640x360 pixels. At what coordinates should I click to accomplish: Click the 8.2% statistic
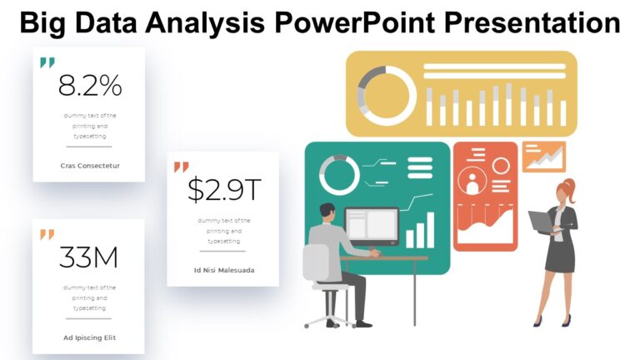(x=89, y=85)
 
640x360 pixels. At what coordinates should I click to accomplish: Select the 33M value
(x=88, y=257)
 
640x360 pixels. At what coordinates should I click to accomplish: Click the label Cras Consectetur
(x=90, y=165)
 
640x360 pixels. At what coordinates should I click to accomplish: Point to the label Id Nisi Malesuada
(x=224, y=270)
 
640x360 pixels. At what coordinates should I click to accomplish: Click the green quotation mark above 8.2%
(x=47, y=62)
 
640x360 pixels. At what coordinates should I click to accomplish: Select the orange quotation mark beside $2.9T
(x=181, y=167)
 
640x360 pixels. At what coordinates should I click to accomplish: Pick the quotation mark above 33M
(x=47, y=234)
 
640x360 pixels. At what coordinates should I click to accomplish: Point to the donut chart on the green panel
(x=339, y=174)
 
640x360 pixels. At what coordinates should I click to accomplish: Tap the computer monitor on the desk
(x=372, y=227)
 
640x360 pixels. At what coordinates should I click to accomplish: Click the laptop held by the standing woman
(x=539, y=221)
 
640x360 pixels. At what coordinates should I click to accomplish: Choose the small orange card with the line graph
(x=543, y=156)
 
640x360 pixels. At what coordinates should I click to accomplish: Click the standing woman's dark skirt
(x=560, y=257)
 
